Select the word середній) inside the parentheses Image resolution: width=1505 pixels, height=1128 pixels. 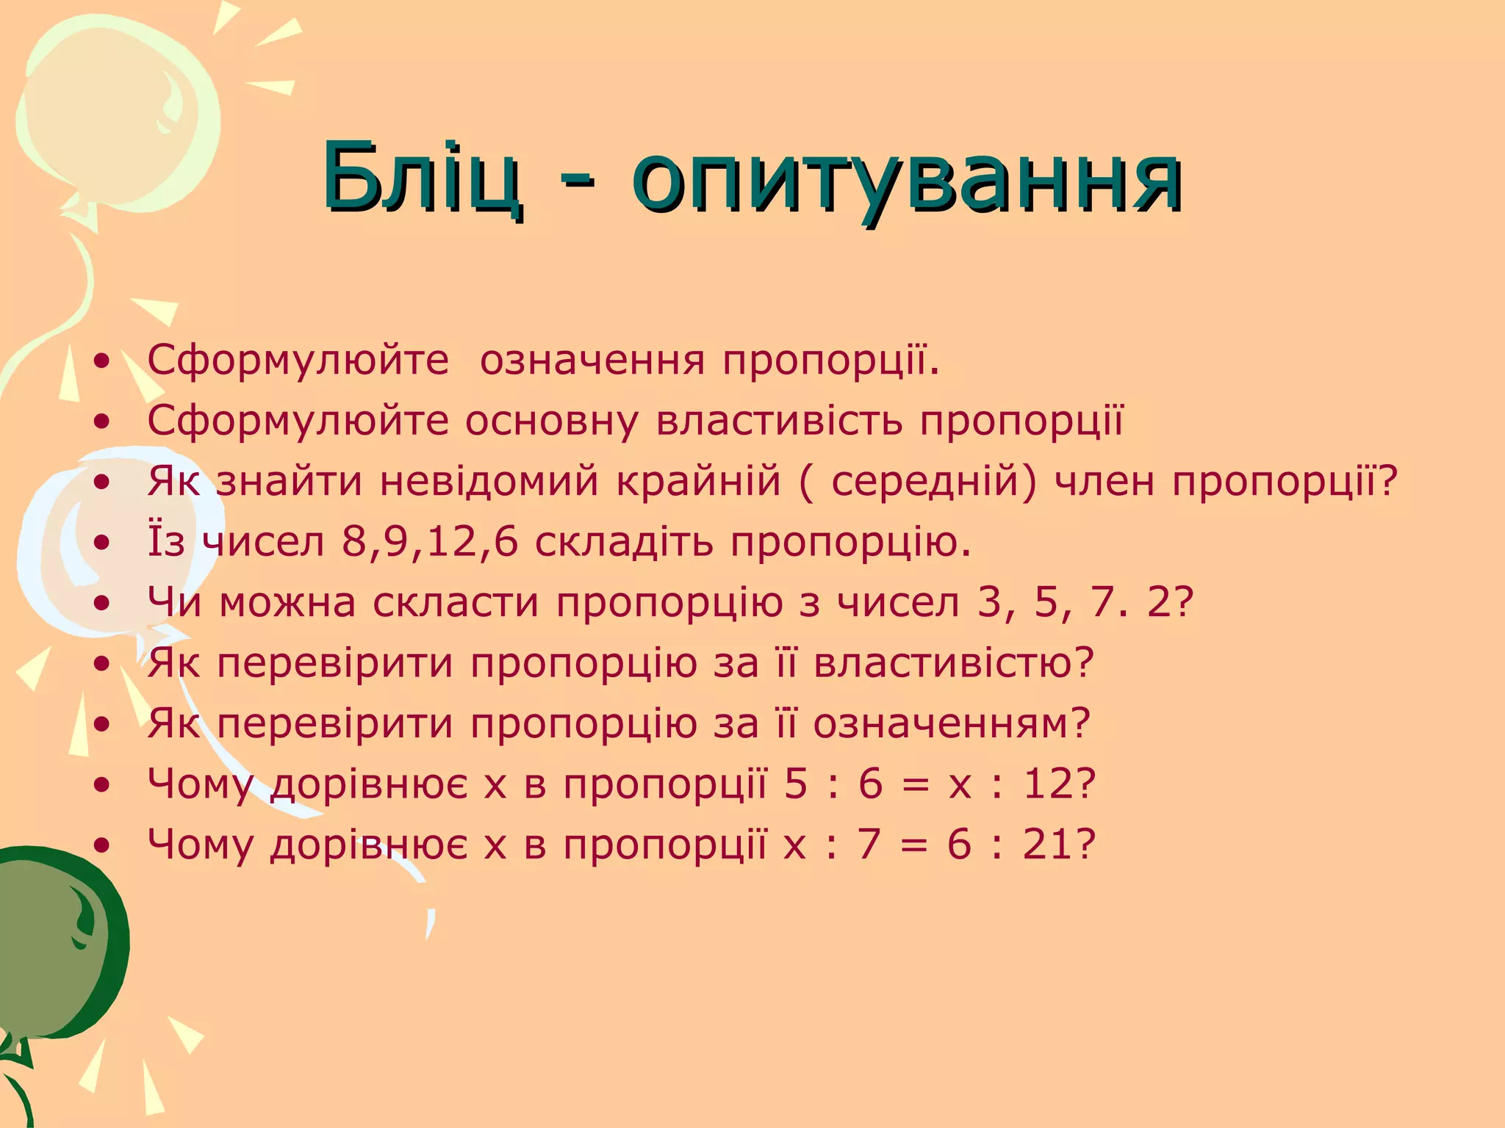934,482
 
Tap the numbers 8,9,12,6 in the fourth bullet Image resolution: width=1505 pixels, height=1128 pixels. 430,543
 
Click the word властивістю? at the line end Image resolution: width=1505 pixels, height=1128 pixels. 954,663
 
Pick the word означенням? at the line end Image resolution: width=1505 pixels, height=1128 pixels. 952,724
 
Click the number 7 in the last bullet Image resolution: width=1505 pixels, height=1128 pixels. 869,845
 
